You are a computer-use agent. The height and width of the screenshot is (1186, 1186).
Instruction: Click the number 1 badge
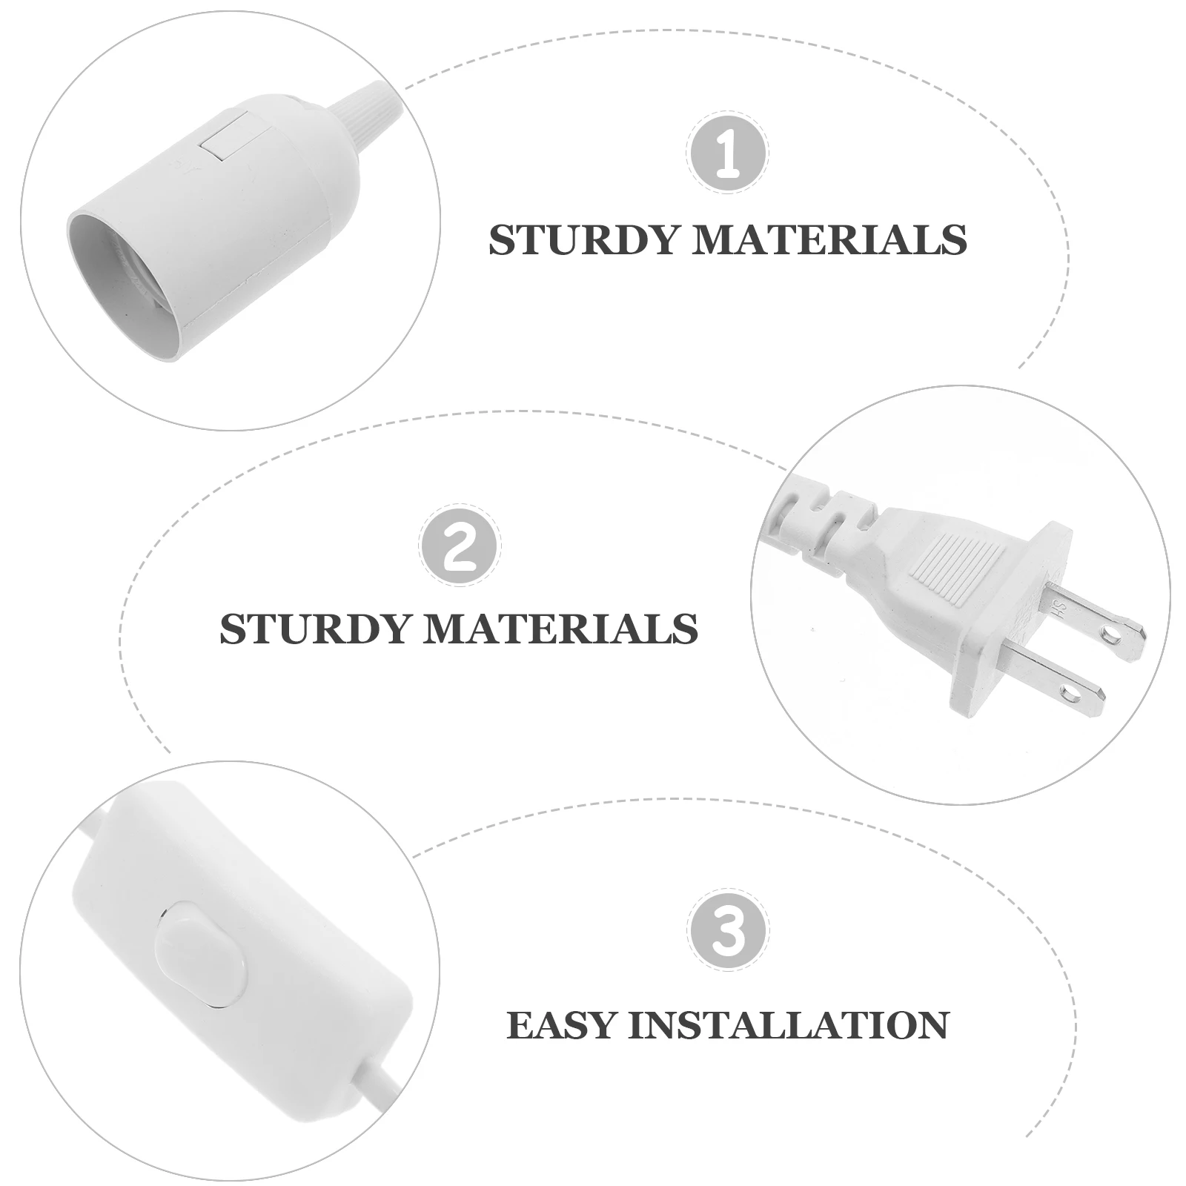point(727,152)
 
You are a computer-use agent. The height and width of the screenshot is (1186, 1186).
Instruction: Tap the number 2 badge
point(460,544)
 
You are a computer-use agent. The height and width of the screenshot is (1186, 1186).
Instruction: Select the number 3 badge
point(727,932)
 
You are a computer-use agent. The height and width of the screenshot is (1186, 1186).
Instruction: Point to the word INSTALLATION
point(789,1025)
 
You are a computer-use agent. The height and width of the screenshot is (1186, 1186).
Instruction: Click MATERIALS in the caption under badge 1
point(829,240)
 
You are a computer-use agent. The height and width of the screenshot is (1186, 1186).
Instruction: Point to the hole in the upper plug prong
point(1110,634)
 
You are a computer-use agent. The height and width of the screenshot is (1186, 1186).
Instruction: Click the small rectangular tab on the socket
point(228,139)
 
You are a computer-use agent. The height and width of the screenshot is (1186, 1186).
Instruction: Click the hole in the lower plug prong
point(1070,695)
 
